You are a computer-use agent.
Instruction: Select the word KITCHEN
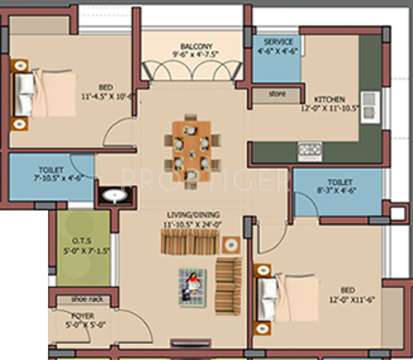click(330, 99)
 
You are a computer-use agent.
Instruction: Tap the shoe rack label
click(86, 298)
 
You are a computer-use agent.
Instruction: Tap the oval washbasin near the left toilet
click(113, 197)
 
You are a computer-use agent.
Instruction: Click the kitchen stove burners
click(309, 149)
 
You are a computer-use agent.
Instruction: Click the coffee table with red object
click(192, 286)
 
